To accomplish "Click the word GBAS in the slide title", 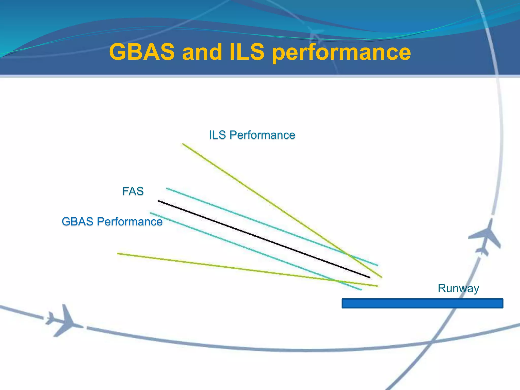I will (x=142, y=52).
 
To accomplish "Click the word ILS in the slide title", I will (x=247, y=52).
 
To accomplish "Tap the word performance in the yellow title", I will (x=341, y=53).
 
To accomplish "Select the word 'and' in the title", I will (x=202, y=52).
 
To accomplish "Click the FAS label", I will (x=133, y=191).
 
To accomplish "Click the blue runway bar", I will (x=422, y=303).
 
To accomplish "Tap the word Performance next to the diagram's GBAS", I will (x=129, y=222).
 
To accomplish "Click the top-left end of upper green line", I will (x=183, y=144).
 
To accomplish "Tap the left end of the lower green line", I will (x=118, y=253).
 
